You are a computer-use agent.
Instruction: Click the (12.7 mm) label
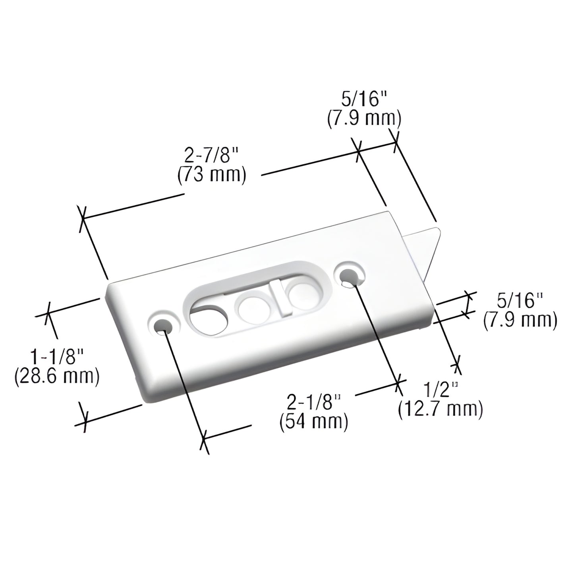tap(441, 409)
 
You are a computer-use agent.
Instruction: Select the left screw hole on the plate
tap(162, 326)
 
